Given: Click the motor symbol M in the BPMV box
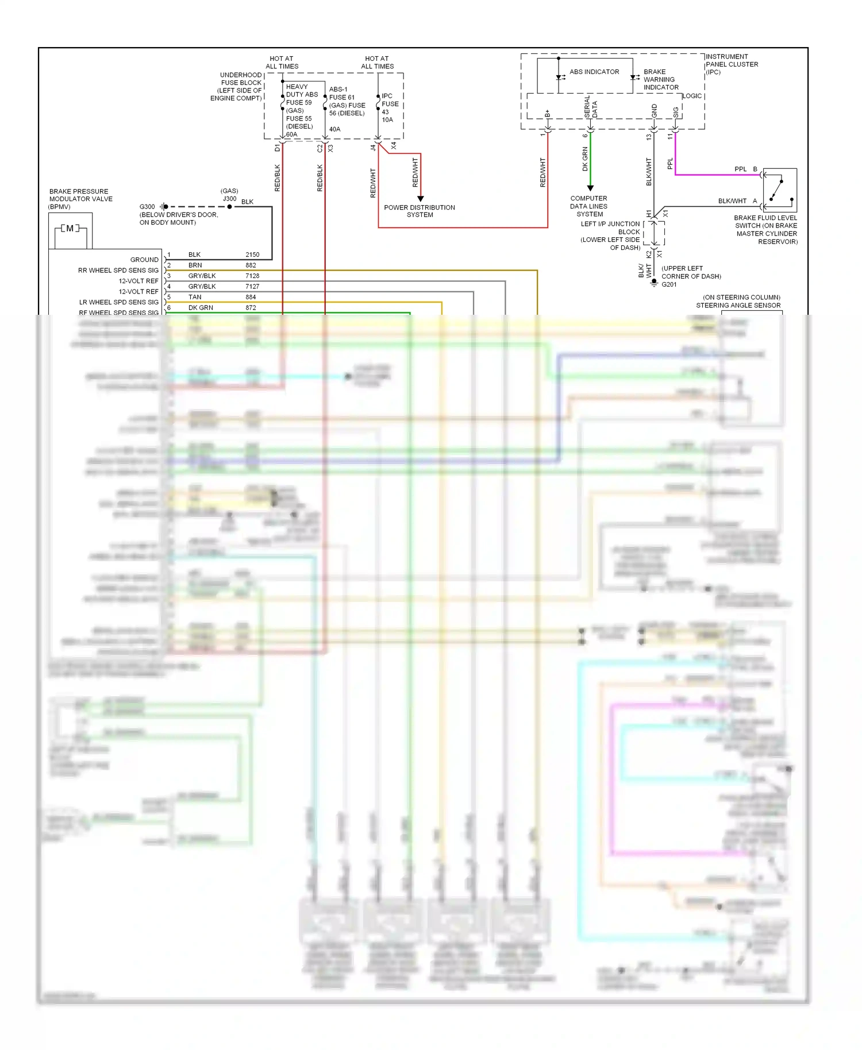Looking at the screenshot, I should (70, 229).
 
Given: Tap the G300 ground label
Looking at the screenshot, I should (147, 207).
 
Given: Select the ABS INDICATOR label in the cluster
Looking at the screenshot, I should (594, 72).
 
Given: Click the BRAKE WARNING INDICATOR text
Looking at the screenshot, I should (660, 80).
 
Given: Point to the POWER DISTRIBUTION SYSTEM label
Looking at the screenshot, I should (420, 211).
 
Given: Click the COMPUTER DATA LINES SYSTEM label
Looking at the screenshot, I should (589, 206).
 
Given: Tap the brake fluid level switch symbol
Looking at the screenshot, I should (779, 190).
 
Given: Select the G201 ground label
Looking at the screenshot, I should (669, 284).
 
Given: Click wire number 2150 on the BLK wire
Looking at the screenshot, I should (252, 254).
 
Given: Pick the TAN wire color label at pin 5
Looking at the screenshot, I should (195, 297).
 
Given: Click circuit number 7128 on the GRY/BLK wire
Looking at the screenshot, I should (252, 276).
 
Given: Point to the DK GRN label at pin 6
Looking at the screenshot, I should (201, 308).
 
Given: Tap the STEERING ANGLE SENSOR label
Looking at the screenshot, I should (738, 306).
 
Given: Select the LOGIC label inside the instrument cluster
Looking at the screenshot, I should (692, 96).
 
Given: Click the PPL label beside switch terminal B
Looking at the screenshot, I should (740, 169).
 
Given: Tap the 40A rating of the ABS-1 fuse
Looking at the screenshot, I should (334, 129).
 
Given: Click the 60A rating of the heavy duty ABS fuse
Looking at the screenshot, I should (292, 134).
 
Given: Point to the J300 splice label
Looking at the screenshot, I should (229, 199).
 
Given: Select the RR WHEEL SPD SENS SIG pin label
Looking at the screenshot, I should (118, 271).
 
